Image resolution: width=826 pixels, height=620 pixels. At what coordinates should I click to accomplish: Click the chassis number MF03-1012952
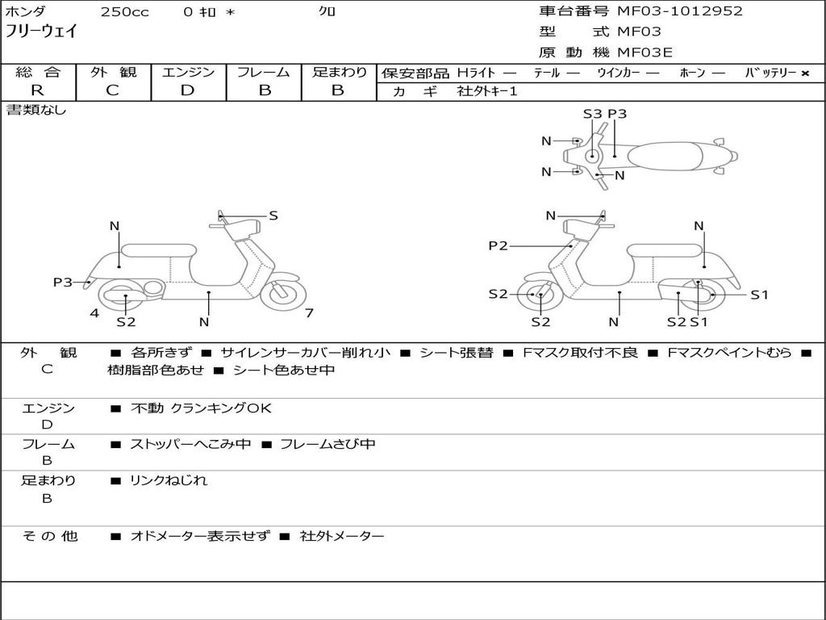click(679, 11)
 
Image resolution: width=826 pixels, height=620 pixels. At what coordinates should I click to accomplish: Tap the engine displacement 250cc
click(124, 12)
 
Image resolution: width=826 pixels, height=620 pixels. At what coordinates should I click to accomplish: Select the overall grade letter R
click(37, 90)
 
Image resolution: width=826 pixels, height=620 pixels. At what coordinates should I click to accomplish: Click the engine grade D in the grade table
click(187, 90)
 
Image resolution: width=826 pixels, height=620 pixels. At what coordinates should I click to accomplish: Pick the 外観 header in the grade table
click(113, 73)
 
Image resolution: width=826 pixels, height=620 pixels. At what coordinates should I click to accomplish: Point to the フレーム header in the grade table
click(264, 73)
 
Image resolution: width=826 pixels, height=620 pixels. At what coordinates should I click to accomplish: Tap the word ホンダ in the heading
click(26, 12)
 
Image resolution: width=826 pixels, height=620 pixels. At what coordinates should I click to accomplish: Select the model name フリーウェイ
click(41, 32)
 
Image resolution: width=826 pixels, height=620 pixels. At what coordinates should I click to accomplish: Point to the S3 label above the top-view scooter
click(592, 114)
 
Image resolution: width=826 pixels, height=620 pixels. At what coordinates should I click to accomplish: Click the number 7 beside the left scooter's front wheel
click(309, 313)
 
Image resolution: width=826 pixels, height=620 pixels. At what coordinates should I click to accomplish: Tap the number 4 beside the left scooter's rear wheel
click(94, 313)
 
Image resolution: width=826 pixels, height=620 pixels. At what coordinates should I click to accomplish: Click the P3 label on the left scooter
click(63, 282)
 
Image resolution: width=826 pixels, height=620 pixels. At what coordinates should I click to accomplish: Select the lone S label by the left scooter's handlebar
click(273, 216)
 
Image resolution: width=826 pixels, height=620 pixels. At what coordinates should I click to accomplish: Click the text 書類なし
click(36, 110)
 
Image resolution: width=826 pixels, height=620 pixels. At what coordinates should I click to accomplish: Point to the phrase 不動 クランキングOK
click(201, 408)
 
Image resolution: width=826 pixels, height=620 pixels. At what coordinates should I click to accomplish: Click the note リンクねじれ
click(169, 480)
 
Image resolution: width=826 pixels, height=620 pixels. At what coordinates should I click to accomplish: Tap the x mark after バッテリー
click(805, 73)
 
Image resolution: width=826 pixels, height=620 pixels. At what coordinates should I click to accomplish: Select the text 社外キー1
click(487, 91)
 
